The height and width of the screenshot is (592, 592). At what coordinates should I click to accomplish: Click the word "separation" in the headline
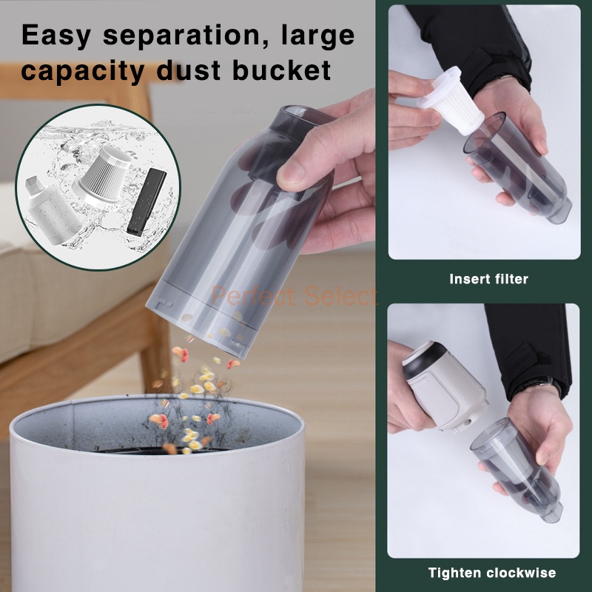coord(186,36)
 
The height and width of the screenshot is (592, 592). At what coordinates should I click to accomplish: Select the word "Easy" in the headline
coord(56,36)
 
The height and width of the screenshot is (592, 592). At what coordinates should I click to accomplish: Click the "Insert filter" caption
coord(488,279)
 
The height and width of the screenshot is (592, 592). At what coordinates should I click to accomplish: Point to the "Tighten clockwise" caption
coord(492,573)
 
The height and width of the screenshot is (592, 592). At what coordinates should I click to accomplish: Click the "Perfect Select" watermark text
coord(294,295)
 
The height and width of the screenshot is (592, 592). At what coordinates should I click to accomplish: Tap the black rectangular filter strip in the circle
coord(147,202)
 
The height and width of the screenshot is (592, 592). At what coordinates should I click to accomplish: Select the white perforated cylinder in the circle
coord(50,212)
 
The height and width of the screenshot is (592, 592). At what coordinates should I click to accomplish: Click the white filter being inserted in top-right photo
coord(451,100)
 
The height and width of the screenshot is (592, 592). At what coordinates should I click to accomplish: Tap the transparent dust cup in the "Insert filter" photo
coord(517,169)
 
